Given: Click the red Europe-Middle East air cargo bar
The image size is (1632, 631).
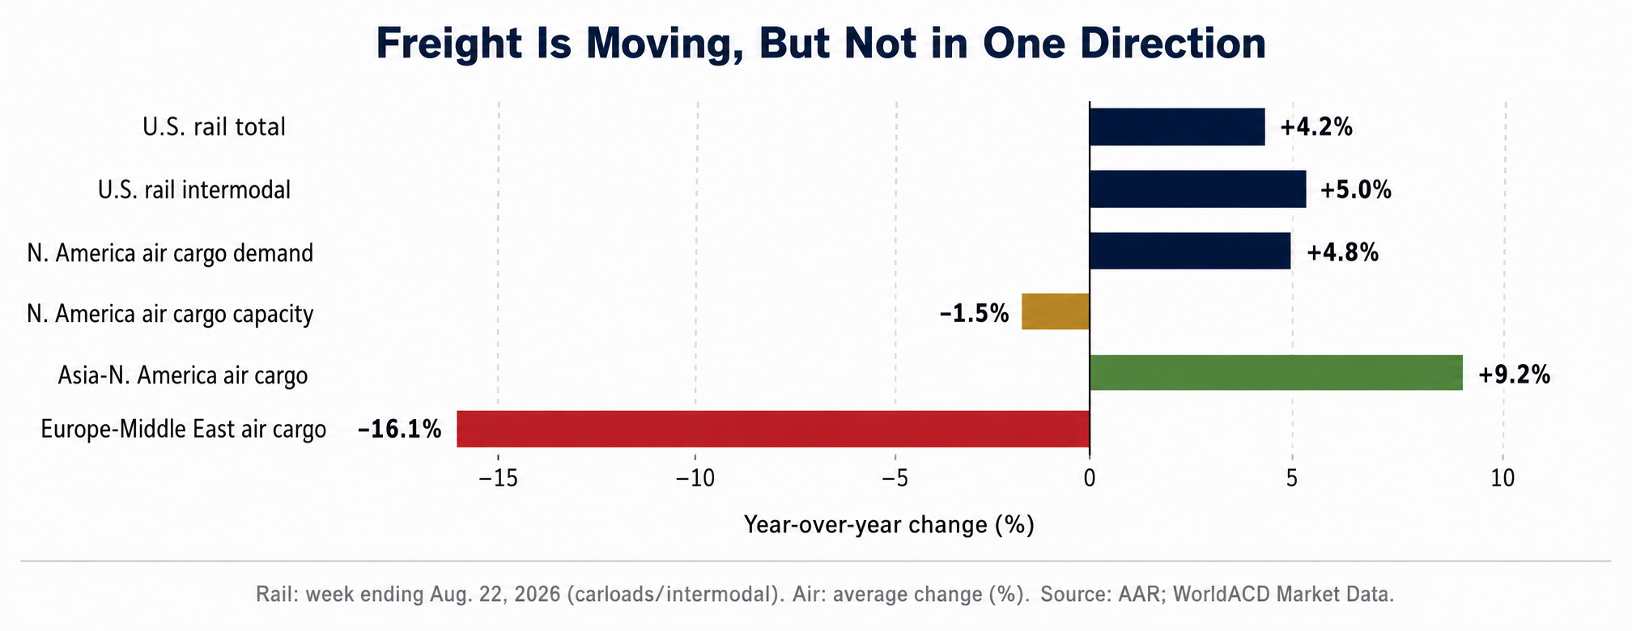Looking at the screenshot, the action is point(773,429).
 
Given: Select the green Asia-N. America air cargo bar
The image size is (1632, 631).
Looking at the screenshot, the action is point(1277,372).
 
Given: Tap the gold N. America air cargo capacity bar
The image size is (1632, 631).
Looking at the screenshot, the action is point(1056,311).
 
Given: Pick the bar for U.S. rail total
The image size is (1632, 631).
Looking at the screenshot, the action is point(1177,127).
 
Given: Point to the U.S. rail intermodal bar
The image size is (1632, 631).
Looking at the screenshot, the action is point(1198,189).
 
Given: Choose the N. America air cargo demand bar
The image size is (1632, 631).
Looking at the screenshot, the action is point(1190,251).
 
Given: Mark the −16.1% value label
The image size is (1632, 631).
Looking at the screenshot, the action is point(400,429).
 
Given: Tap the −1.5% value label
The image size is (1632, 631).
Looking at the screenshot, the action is point(975,313).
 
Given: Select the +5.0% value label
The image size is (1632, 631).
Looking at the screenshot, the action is point(1356,190).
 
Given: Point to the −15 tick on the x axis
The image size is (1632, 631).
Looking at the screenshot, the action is point(499,479).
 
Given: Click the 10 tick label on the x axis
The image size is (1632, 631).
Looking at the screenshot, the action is point(1502,479).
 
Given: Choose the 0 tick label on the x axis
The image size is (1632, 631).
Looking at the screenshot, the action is point(1090,479).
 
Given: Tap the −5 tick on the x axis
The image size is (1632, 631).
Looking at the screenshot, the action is point(895,479).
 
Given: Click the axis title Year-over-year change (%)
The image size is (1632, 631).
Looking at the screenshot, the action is point(889,525).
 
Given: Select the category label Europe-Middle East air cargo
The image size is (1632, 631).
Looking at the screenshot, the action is point(184,429).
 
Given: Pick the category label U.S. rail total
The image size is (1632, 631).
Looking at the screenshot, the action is point(215,127).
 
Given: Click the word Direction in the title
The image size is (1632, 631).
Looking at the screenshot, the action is point(1124,43).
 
